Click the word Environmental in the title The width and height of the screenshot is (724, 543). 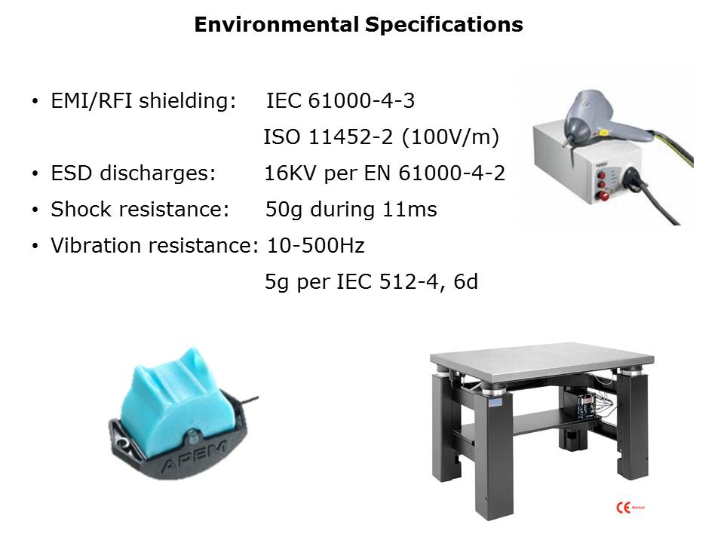277,24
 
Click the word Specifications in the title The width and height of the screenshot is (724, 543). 444,25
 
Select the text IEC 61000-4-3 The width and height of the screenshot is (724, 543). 340,100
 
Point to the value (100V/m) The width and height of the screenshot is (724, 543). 451,137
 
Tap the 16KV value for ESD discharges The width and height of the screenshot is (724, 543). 290,173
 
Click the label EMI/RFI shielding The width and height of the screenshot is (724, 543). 143,101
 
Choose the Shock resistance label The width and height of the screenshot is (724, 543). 140,209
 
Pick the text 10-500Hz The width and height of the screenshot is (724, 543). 316,246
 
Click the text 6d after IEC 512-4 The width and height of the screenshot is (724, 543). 465,281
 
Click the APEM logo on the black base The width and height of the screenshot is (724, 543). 195,457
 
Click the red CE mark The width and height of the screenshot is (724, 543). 624,508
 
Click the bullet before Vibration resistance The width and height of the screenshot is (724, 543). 35,246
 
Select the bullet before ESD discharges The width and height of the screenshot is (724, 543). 35,173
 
